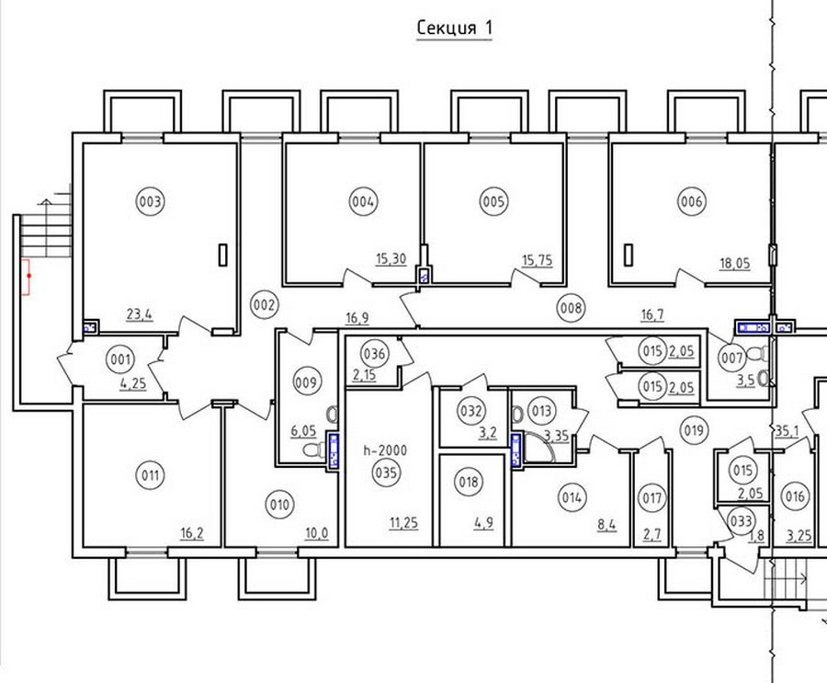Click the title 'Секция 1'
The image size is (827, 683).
pos(454,28)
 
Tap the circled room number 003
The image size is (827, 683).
pos(151,201)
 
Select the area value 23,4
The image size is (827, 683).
pos(140,314)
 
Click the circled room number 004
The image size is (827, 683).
pos(363,201)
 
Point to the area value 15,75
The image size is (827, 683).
pos(538,260)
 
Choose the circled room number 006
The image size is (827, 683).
pos(692,201)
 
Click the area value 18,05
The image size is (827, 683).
pos(735,264)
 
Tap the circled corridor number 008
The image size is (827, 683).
pos(572,307)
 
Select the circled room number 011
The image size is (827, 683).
pos(151,475)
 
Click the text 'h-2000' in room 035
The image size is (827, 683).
pos(386,450)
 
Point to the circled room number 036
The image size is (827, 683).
pos(375,353)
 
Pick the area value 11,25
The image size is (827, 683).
pos(404,523)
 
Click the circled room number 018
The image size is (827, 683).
pos(469,482)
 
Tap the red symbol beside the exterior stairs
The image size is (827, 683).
pos(26,276)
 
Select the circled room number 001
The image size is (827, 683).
pos(120,360)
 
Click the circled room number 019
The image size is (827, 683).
pos(694,431)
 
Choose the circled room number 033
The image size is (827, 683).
pos(741,521)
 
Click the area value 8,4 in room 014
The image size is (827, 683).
pos(606,525)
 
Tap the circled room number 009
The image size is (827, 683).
pos(306,382)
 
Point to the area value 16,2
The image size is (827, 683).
pos(192,533)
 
